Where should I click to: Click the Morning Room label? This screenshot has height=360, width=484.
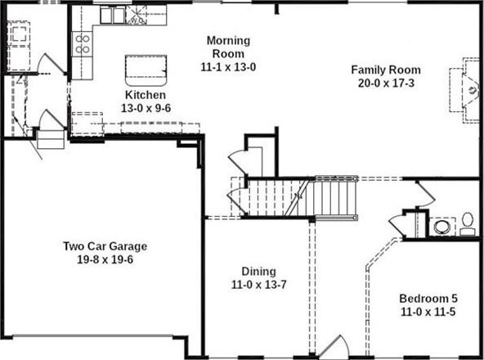[x=228, y=47]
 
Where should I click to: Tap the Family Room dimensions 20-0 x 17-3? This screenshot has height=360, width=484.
[x=386, y=83]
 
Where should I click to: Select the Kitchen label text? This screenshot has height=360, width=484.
[x=146, y=95]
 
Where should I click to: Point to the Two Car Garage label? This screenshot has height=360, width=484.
[x=105, y=246]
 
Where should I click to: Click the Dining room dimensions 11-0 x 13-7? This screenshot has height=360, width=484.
[x=258, y=284]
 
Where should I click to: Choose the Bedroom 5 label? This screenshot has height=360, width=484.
[x=428, y=299]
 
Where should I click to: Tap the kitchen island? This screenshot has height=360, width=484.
[x=146, y=70]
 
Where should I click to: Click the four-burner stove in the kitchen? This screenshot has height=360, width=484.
[x=83, y=44]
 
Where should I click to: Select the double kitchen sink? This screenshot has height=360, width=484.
[x=112, y=16]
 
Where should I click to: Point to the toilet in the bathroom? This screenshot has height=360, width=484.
[x=468, y=224]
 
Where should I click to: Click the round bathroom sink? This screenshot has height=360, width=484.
[x=442, y=227]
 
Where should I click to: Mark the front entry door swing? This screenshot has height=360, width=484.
[x=334, y=347]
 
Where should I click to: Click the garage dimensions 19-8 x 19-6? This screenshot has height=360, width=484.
[x=105, y=259]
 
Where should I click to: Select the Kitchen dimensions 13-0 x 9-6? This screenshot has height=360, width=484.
[x=146, y=108]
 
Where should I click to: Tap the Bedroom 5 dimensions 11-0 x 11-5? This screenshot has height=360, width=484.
[x=428, y=312]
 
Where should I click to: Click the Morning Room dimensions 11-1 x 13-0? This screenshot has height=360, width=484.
[x=228, y=67]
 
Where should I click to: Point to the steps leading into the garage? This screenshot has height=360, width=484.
[x=51, y=139]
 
